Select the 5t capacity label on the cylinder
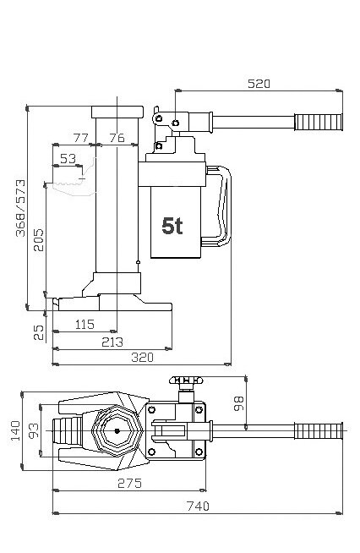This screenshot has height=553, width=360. click(173, 226)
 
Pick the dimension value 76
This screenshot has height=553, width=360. click(117, 137)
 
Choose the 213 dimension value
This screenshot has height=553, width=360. click(112, 342)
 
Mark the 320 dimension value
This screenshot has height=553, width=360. click(143, 358)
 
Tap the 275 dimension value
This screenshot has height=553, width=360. click(128, 483)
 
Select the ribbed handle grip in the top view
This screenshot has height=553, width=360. click(320, 430)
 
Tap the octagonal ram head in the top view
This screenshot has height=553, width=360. click(112, 430)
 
